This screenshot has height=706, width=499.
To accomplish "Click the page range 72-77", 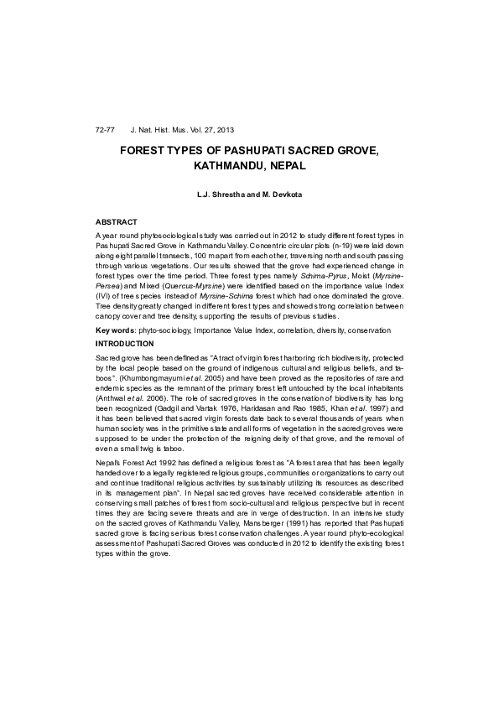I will (x=105, y=132).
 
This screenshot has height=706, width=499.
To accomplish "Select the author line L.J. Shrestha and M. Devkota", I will (x=249, y=195).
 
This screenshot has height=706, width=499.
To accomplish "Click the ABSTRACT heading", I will (x=117, y=221).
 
